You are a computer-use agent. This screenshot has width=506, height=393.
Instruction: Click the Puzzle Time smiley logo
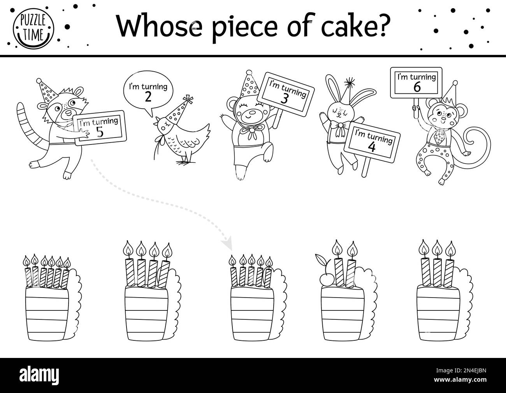(x=34, y=28)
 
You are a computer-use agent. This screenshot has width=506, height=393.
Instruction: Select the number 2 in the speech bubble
(x=147, y=97)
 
